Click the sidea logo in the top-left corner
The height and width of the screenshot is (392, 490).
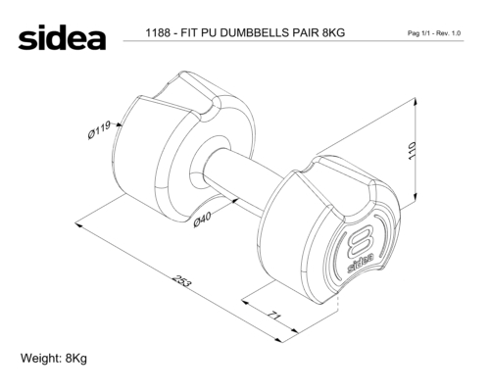click(x=62, y=37)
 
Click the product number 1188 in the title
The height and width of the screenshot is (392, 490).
click(x=158, y=32)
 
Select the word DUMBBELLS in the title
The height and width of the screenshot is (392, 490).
click(x=255, y=32)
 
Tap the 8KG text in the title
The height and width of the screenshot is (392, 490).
click(x=333, y=32)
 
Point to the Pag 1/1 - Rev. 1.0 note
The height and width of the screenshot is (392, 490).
click(x=434, y=33)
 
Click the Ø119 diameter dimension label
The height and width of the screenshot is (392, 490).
click(x=99, y=129)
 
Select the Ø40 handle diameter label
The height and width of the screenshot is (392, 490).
click(x=202, y=219)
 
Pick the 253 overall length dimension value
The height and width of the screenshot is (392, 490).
click(x=181, y=281)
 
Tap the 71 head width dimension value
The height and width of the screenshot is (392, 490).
click(x=274, y=316)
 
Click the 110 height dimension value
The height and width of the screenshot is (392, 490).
click(x=413, y=151)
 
